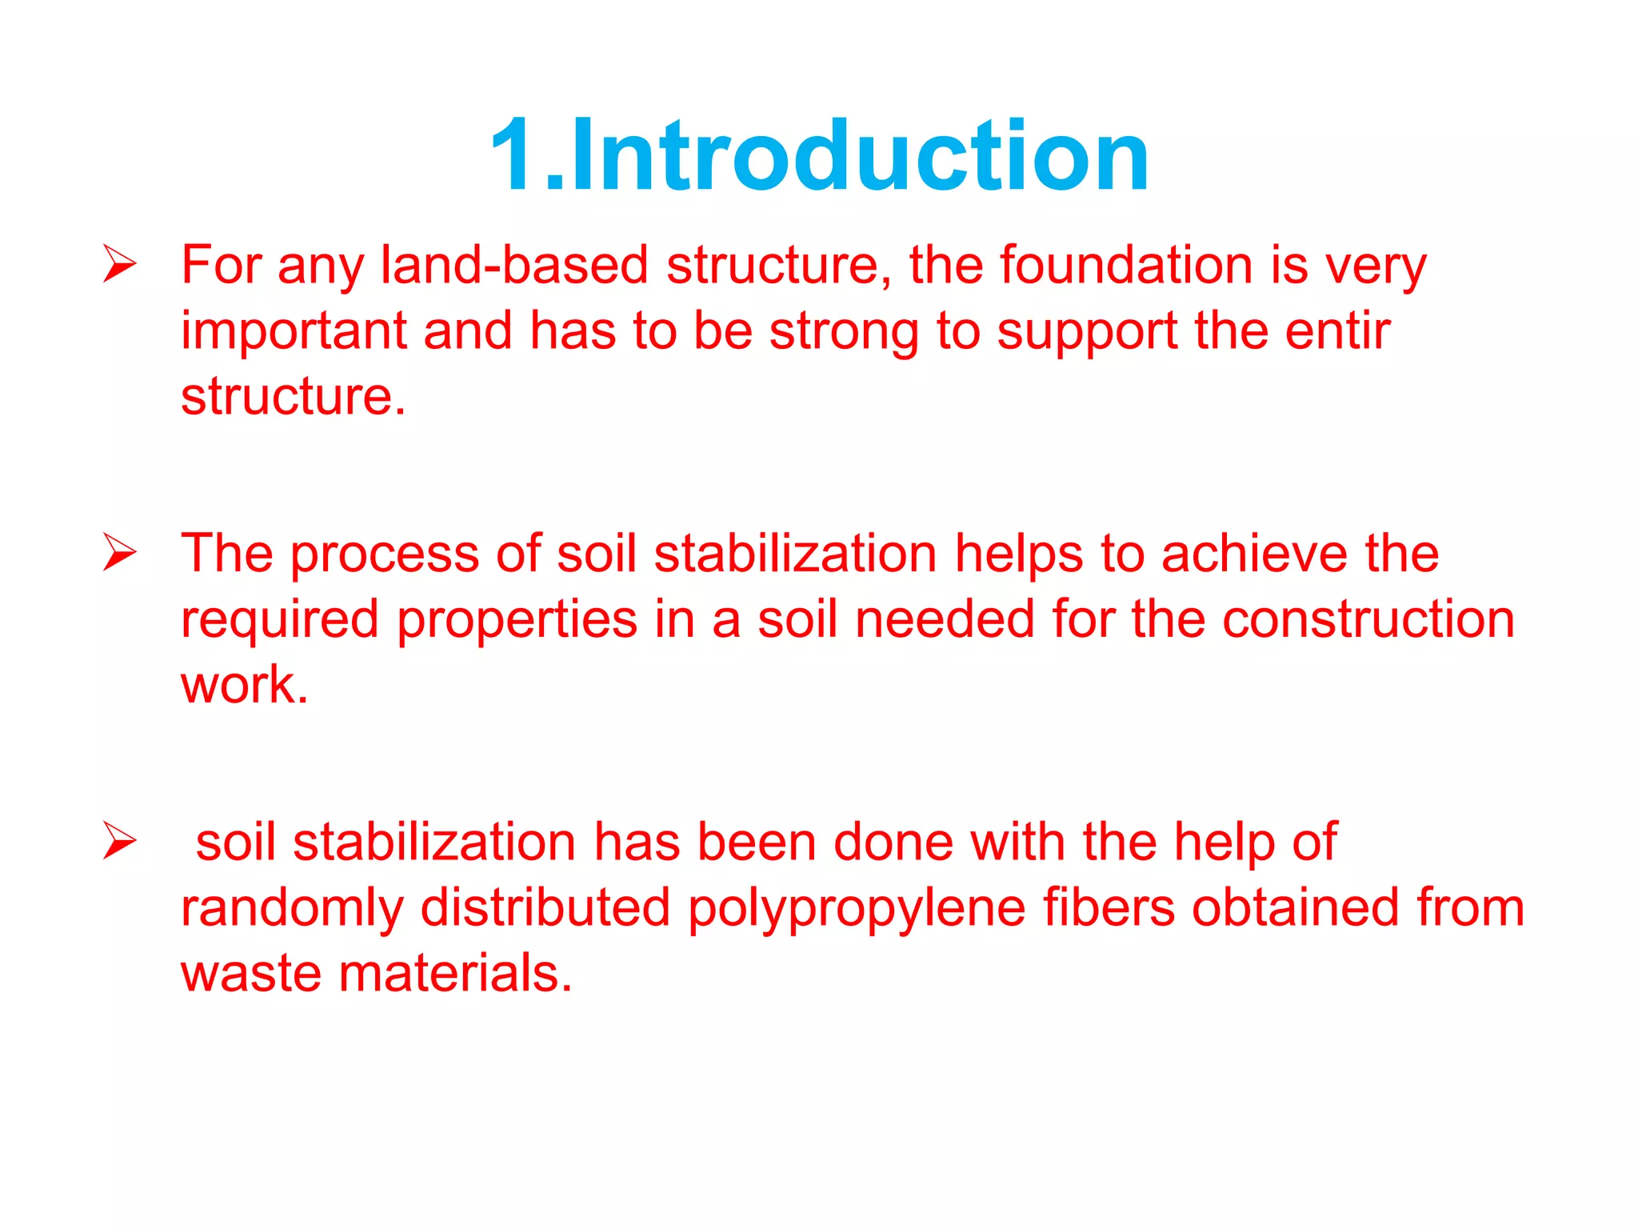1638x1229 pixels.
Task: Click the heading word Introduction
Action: point(860,155)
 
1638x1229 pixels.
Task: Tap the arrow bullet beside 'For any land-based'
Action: point(120,264)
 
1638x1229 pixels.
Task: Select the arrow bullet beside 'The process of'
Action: point(120,553)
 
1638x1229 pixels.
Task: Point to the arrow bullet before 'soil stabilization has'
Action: point(120,842)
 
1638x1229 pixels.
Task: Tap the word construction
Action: point(1368,620)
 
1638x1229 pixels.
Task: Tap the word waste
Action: point(250,975)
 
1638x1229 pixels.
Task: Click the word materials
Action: point(454,974)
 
